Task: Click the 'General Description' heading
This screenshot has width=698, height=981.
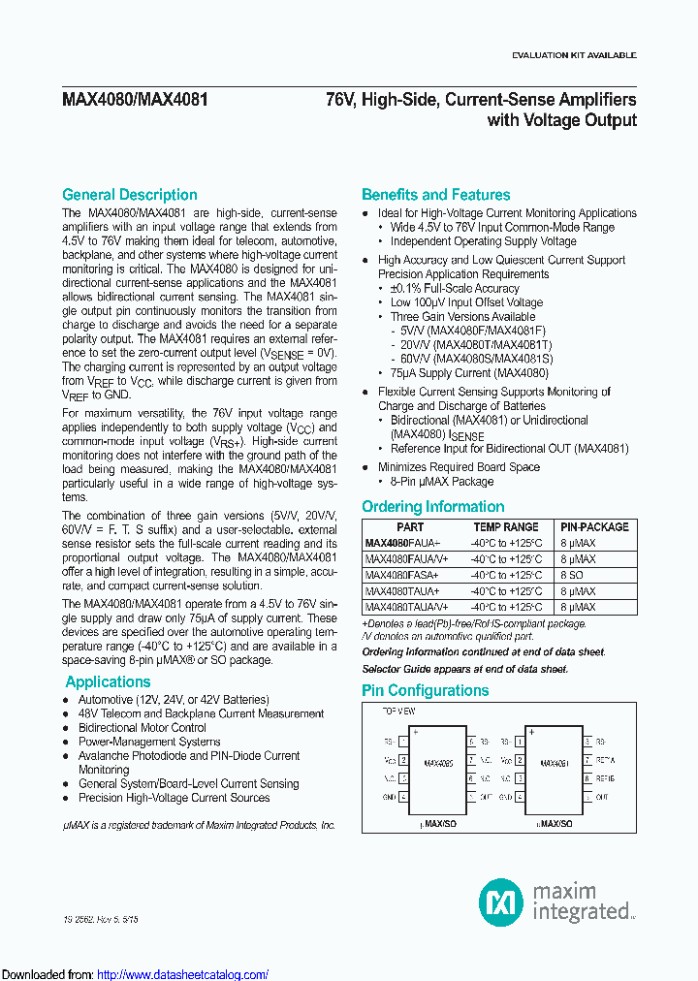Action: (129, 195)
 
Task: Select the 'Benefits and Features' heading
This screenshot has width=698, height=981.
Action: (435, 195)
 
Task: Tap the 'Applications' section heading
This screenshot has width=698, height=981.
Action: (107, 681)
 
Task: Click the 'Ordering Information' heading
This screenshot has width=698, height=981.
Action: (432, 506)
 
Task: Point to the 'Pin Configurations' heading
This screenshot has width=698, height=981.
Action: (425, 690)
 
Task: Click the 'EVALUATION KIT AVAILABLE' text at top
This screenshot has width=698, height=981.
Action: (573, 55)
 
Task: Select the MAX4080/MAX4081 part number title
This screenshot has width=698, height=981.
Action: (135, 100)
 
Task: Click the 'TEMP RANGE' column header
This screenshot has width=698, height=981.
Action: (506, 527)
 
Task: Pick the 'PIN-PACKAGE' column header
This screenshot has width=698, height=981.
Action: (595, 527)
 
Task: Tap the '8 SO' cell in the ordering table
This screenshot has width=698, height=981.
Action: (572, 575)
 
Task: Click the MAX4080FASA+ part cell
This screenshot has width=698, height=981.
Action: (402, 575)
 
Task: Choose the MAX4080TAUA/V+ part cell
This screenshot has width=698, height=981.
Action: (407, 606)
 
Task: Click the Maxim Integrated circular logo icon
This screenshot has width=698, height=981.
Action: (501, 903)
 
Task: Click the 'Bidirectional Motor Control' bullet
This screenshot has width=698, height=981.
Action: (142, 727)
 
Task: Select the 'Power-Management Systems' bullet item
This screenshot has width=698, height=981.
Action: (148, 742)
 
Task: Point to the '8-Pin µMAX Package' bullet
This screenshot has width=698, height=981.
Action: (441, 481)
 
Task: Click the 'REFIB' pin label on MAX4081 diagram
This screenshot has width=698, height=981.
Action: (604, 777)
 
